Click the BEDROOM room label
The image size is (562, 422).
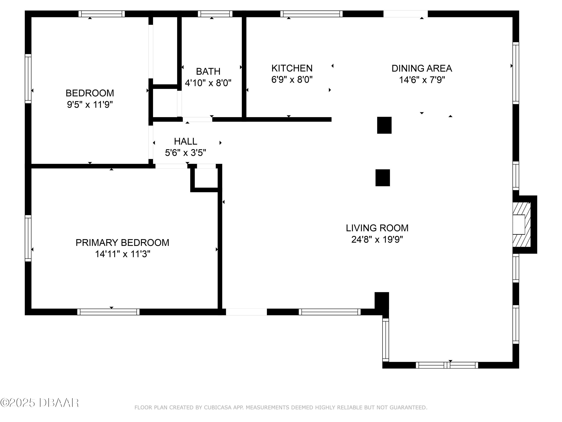(x=90, y=93)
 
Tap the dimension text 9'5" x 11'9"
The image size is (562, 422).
(x=90, y=104)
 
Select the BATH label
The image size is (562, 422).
(x=208, y=71)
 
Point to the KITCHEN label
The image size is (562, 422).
(x=292, y=68)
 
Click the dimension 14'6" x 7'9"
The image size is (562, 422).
(x=422, y=80)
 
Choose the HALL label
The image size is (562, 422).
(x=185, y=141)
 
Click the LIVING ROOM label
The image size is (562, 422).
(x=377, y=228)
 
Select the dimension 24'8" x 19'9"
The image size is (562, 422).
(x=377, y=240)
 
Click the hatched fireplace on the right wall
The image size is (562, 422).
(x=521, y=225)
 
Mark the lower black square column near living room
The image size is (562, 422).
(x=382, y=178)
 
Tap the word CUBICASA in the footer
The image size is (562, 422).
(x=218, y=408)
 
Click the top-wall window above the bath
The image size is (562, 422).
(x=215, y=14)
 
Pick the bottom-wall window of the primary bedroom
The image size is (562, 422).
(x=108, y=312)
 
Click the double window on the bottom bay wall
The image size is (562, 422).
(x=447, y=365)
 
